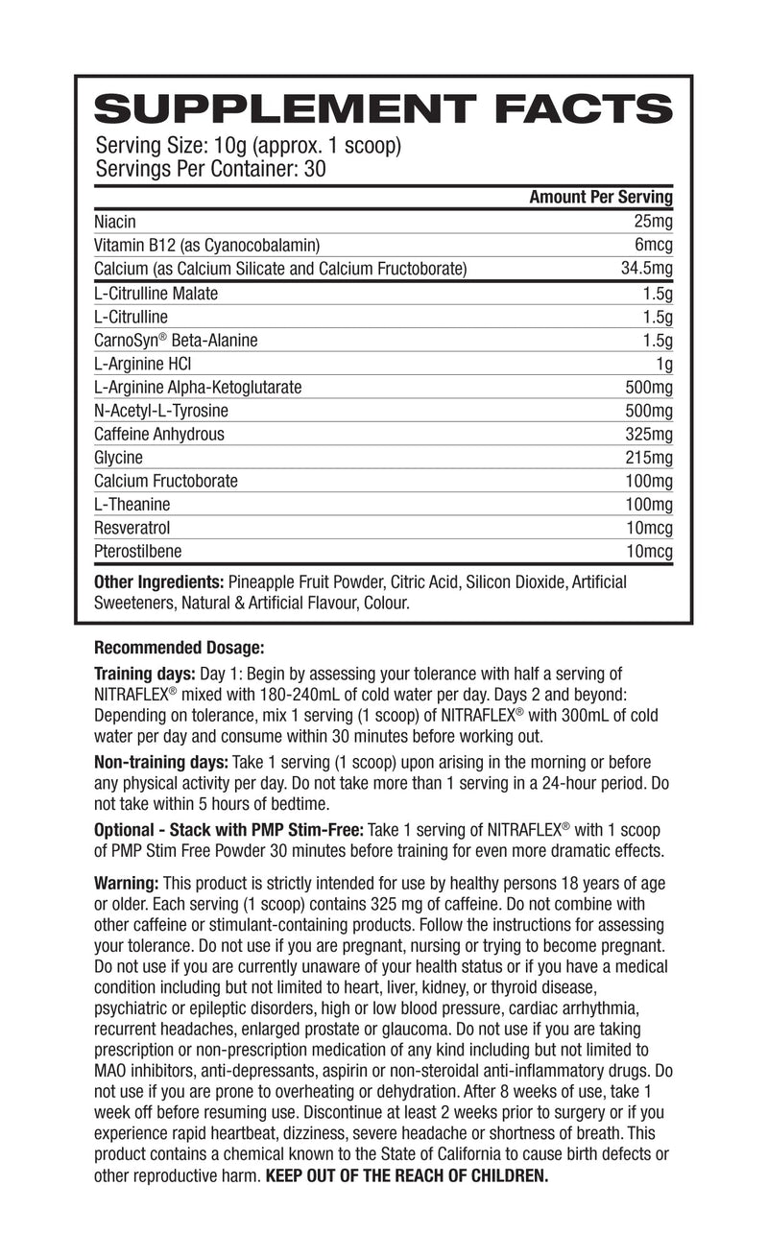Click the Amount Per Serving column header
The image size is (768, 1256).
[x=601, y=198]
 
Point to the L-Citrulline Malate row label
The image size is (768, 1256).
[x=156, y=294]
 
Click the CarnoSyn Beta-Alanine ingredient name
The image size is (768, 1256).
[x=176, y=341]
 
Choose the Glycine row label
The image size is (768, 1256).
[x=118, y=458]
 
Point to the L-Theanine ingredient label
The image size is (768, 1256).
[x=132, y=505]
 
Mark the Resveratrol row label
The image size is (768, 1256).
[x=133, y=528]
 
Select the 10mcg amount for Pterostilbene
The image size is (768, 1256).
[x=648, y=551]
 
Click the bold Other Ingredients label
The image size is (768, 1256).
[x=158, y=582]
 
